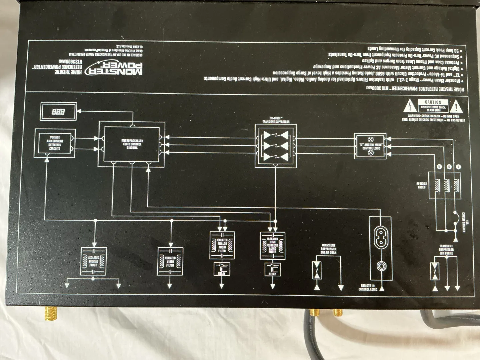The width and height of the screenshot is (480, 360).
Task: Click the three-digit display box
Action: tap(59, 112)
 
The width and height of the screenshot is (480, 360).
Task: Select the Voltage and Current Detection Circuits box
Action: tap(55, 143)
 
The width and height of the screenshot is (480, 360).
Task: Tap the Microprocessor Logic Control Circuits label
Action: tap(132, 144)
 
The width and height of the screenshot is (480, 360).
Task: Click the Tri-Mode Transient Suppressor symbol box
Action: tap(276, 146)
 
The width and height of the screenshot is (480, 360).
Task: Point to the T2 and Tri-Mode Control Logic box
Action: tap(370, 146)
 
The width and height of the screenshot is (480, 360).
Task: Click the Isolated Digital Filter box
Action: tap(94, 261)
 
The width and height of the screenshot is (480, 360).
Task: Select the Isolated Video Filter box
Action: tap(170, 261)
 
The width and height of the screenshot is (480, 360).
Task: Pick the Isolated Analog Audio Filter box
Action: tap(222, 245)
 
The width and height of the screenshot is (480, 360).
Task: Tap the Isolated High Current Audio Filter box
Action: tap(273, 245)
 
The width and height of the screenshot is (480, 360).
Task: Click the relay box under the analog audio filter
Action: tap(222, 269)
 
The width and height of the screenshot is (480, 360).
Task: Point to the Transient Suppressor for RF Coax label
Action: tap(328, 249)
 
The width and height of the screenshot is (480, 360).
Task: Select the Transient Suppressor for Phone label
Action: tap(446, 250)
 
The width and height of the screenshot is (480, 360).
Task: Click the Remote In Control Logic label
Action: tap(368, 287)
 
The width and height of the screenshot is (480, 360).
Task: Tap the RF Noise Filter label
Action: tap(421, 185)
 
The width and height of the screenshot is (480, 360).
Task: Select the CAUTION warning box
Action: tap(433, 106)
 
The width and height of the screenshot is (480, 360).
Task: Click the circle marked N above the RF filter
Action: tap(439, 167)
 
